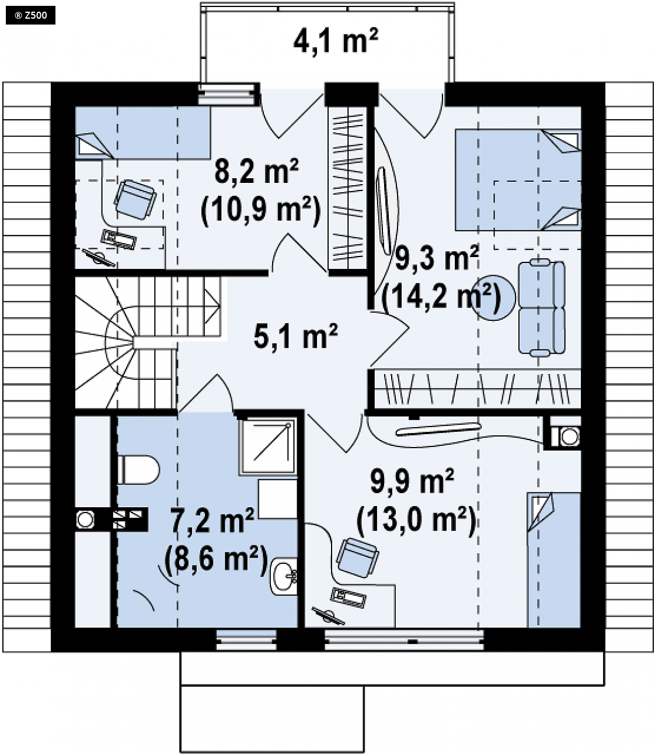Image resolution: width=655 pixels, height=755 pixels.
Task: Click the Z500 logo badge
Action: (x=30, y=15)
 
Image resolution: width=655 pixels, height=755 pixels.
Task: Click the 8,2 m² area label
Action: (x=257, y=171)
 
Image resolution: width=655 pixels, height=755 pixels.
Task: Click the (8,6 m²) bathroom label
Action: (x=216, y=561)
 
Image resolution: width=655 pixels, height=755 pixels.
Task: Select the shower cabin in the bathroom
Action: (x=267, y=446)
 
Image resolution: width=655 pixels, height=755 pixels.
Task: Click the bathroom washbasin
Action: (x=284, y=576)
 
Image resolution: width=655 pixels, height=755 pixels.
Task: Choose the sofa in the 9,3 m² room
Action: (x=542, y=308)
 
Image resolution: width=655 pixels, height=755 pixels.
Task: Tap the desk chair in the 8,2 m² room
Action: (x=135, y=199)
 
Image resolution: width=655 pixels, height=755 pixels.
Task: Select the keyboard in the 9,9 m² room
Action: (x=348, y=597)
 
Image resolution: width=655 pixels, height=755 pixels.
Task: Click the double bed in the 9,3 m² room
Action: (x=518, y=180)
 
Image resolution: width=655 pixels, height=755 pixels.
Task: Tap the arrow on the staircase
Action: (x=212, y=306)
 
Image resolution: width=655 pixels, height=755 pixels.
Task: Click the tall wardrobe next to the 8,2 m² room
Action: (x=347, y=189)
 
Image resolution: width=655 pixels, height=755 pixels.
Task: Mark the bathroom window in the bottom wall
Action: (x=246, y=639)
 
